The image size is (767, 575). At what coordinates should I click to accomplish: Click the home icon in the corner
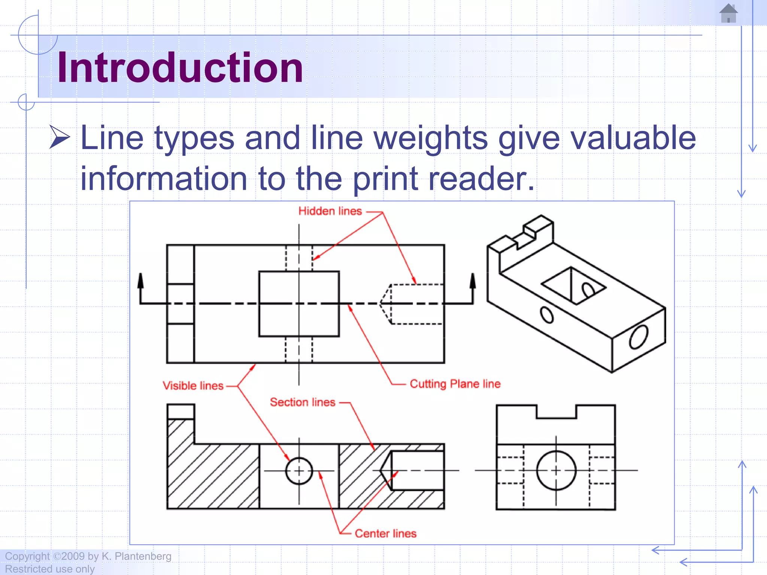[728, 13]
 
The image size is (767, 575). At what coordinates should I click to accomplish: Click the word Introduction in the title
[180, 68]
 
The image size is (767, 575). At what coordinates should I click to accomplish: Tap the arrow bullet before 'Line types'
[60, 137]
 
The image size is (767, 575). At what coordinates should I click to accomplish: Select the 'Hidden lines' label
[330, 211]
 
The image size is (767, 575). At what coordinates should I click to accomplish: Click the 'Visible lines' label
[193, 386]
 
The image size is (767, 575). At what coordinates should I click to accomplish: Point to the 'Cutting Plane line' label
[455, 384]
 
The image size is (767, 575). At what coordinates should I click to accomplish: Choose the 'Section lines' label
[302, 402]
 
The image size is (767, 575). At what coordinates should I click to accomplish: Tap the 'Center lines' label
[385, 533]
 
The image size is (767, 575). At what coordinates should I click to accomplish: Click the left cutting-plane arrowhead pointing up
[140, 281]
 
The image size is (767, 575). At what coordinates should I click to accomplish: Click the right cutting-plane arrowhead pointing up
[473, 281]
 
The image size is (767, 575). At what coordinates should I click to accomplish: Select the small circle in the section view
[299, 471]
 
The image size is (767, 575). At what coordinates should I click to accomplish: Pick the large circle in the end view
[556, 470]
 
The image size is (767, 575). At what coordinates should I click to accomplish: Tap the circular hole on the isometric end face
[639, 337]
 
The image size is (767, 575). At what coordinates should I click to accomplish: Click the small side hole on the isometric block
[547, 315]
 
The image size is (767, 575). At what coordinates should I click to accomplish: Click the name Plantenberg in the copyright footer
[142, 556]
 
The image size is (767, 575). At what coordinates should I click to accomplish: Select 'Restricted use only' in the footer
[49, 569]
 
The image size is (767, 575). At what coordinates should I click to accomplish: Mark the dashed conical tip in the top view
[386, 304]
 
